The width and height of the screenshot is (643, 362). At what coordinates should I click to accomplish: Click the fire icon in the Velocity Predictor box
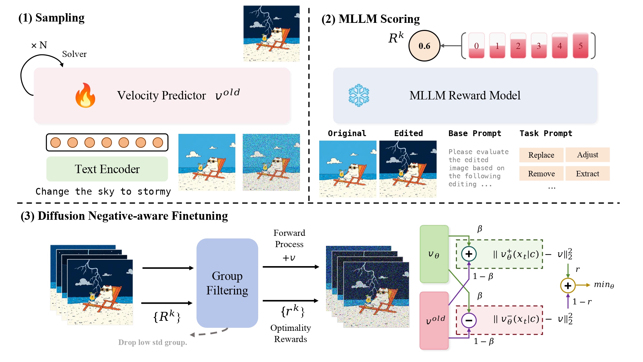[85, 96]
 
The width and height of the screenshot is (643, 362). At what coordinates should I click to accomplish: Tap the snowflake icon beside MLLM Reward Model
[359, 96]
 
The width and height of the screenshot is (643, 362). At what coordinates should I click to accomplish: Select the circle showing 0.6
[424, 46]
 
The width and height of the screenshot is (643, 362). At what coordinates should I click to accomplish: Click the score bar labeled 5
[580, 46]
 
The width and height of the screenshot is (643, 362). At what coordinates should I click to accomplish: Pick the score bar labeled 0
[476, 46]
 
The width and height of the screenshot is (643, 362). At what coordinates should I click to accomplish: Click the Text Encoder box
[107, 169]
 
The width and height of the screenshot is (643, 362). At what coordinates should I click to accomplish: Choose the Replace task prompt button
[541, 155]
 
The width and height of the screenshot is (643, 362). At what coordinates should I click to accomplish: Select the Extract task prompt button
[587, 174]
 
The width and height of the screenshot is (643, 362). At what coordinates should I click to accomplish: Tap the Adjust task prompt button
[587, 155]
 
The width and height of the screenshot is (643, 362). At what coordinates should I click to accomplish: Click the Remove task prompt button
[541, 174]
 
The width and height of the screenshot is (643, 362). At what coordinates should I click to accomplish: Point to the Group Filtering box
[227, 283]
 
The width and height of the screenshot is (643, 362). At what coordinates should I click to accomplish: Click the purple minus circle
[469, 320]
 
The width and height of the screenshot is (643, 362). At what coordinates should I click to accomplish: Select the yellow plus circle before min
[568, 285]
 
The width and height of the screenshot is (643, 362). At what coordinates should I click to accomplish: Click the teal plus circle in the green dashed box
[469, 254]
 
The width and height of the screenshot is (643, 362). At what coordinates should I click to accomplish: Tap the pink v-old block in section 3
[434, 320]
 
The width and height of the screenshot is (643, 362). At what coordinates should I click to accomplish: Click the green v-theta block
[434, 254]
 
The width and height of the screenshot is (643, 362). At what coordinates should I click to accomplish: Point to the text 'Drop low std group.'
[152, 342]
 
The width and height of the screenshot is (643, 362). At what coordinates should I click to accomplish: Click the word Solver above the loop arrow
[74, 54]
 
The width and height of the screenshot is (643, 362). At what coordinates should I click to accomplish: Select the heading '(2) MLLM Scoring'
[370, 19]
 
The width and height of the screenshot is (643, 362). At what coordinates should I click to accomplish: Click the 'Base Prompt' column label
[475, 134]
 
